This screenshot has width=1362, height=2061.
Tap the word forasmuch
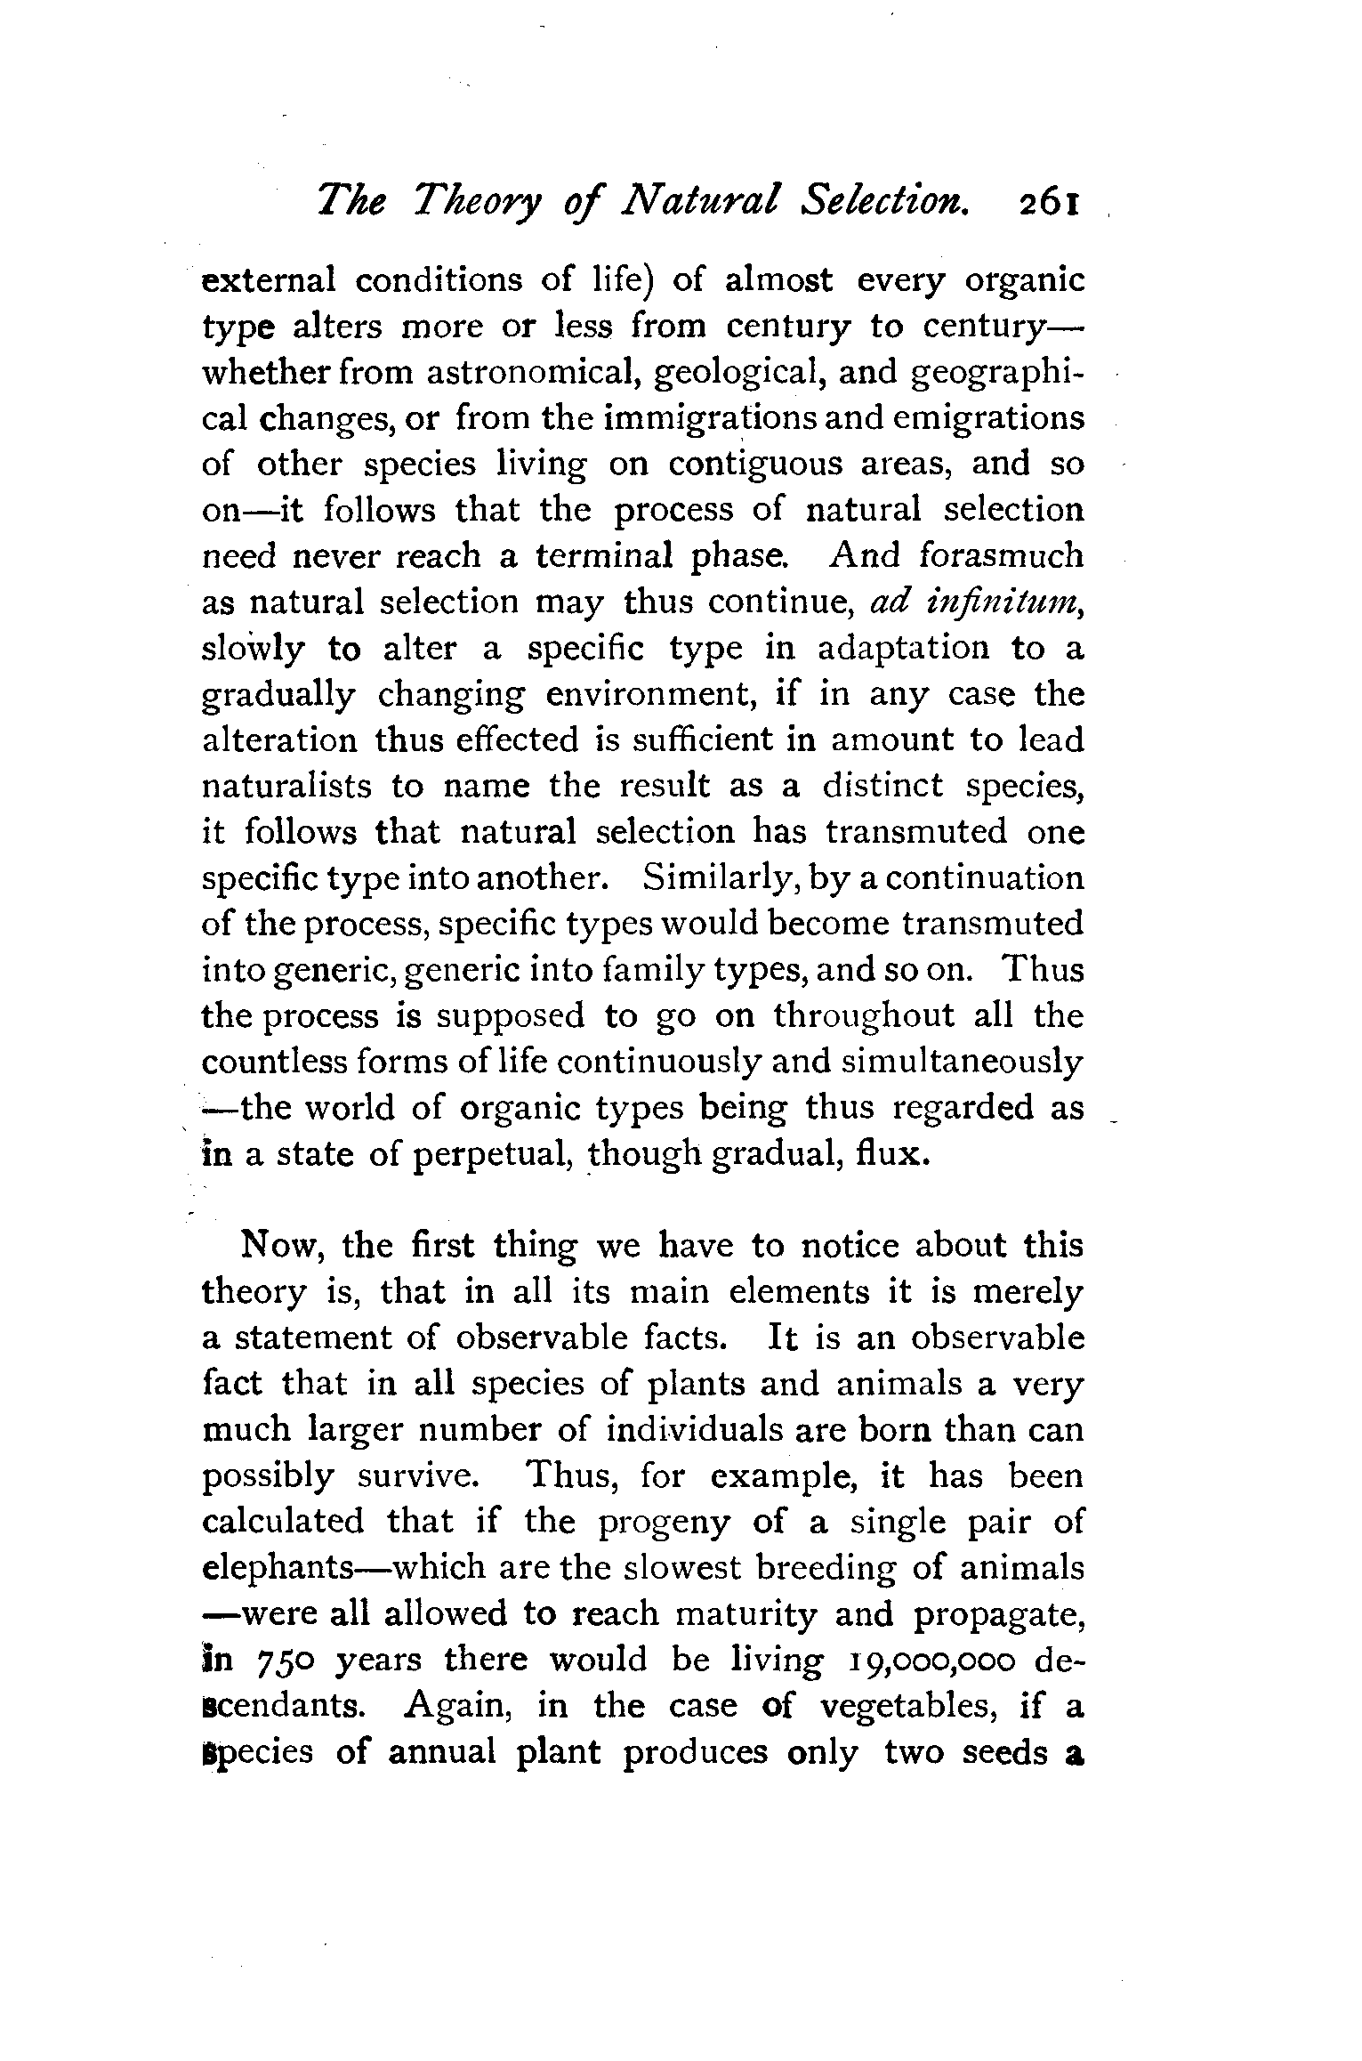[1001, 556]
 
